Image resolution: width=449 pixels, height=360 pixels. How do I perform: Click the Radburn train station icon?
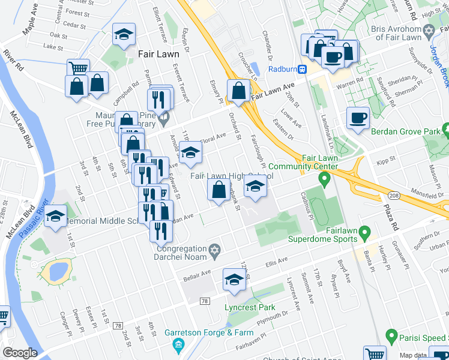303,69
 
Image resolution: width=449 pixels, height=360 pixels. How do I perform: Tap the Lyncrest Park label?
250,308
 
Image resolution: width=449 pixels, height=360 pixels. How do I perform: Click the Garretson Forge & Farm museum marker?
178,344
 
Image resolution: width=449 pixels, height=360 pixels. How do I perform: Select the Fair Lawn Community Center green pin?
324,178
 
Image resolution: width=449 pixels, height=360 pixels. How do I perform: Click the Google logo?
20,353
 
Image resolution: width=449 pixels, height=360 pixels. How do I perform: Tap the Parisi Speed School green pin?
391,336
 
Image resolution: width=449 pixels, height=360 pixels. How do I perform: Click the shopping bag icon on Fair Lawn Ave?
239,91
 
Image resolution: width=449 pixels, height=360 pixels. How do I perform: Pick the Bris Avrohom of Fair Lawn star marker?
428,31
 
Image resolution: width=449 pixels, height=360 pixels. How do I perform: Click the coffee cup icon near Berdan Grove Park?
358,119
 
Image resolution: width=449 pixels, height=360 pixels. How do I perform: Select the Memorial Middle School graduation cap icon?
55,217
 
